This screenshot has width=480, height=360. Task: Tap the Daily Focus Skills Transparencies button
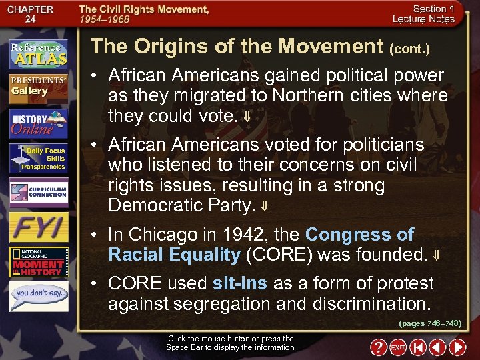coord(38,159)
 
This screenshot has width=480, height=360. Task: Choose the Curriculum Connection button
coord(38,192)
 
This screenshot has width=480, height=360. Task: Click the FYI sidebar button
coord(38,227)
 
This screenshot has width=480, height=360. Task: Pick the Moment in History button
coord(38,262)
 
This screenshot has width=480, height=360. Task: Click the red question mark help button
coord(378,347)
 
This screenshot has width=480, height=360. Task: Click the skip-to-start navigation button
coord(417,347)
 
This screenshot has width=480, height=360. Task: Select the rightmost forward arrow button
coord(457,347)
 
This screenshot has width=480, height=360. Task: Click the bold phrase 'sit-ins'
coord(239,283)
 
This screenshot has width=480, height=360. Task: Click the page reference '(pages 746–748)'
coord(430,323)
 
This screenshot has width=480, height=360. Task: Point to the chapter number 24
coord(30,19)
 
